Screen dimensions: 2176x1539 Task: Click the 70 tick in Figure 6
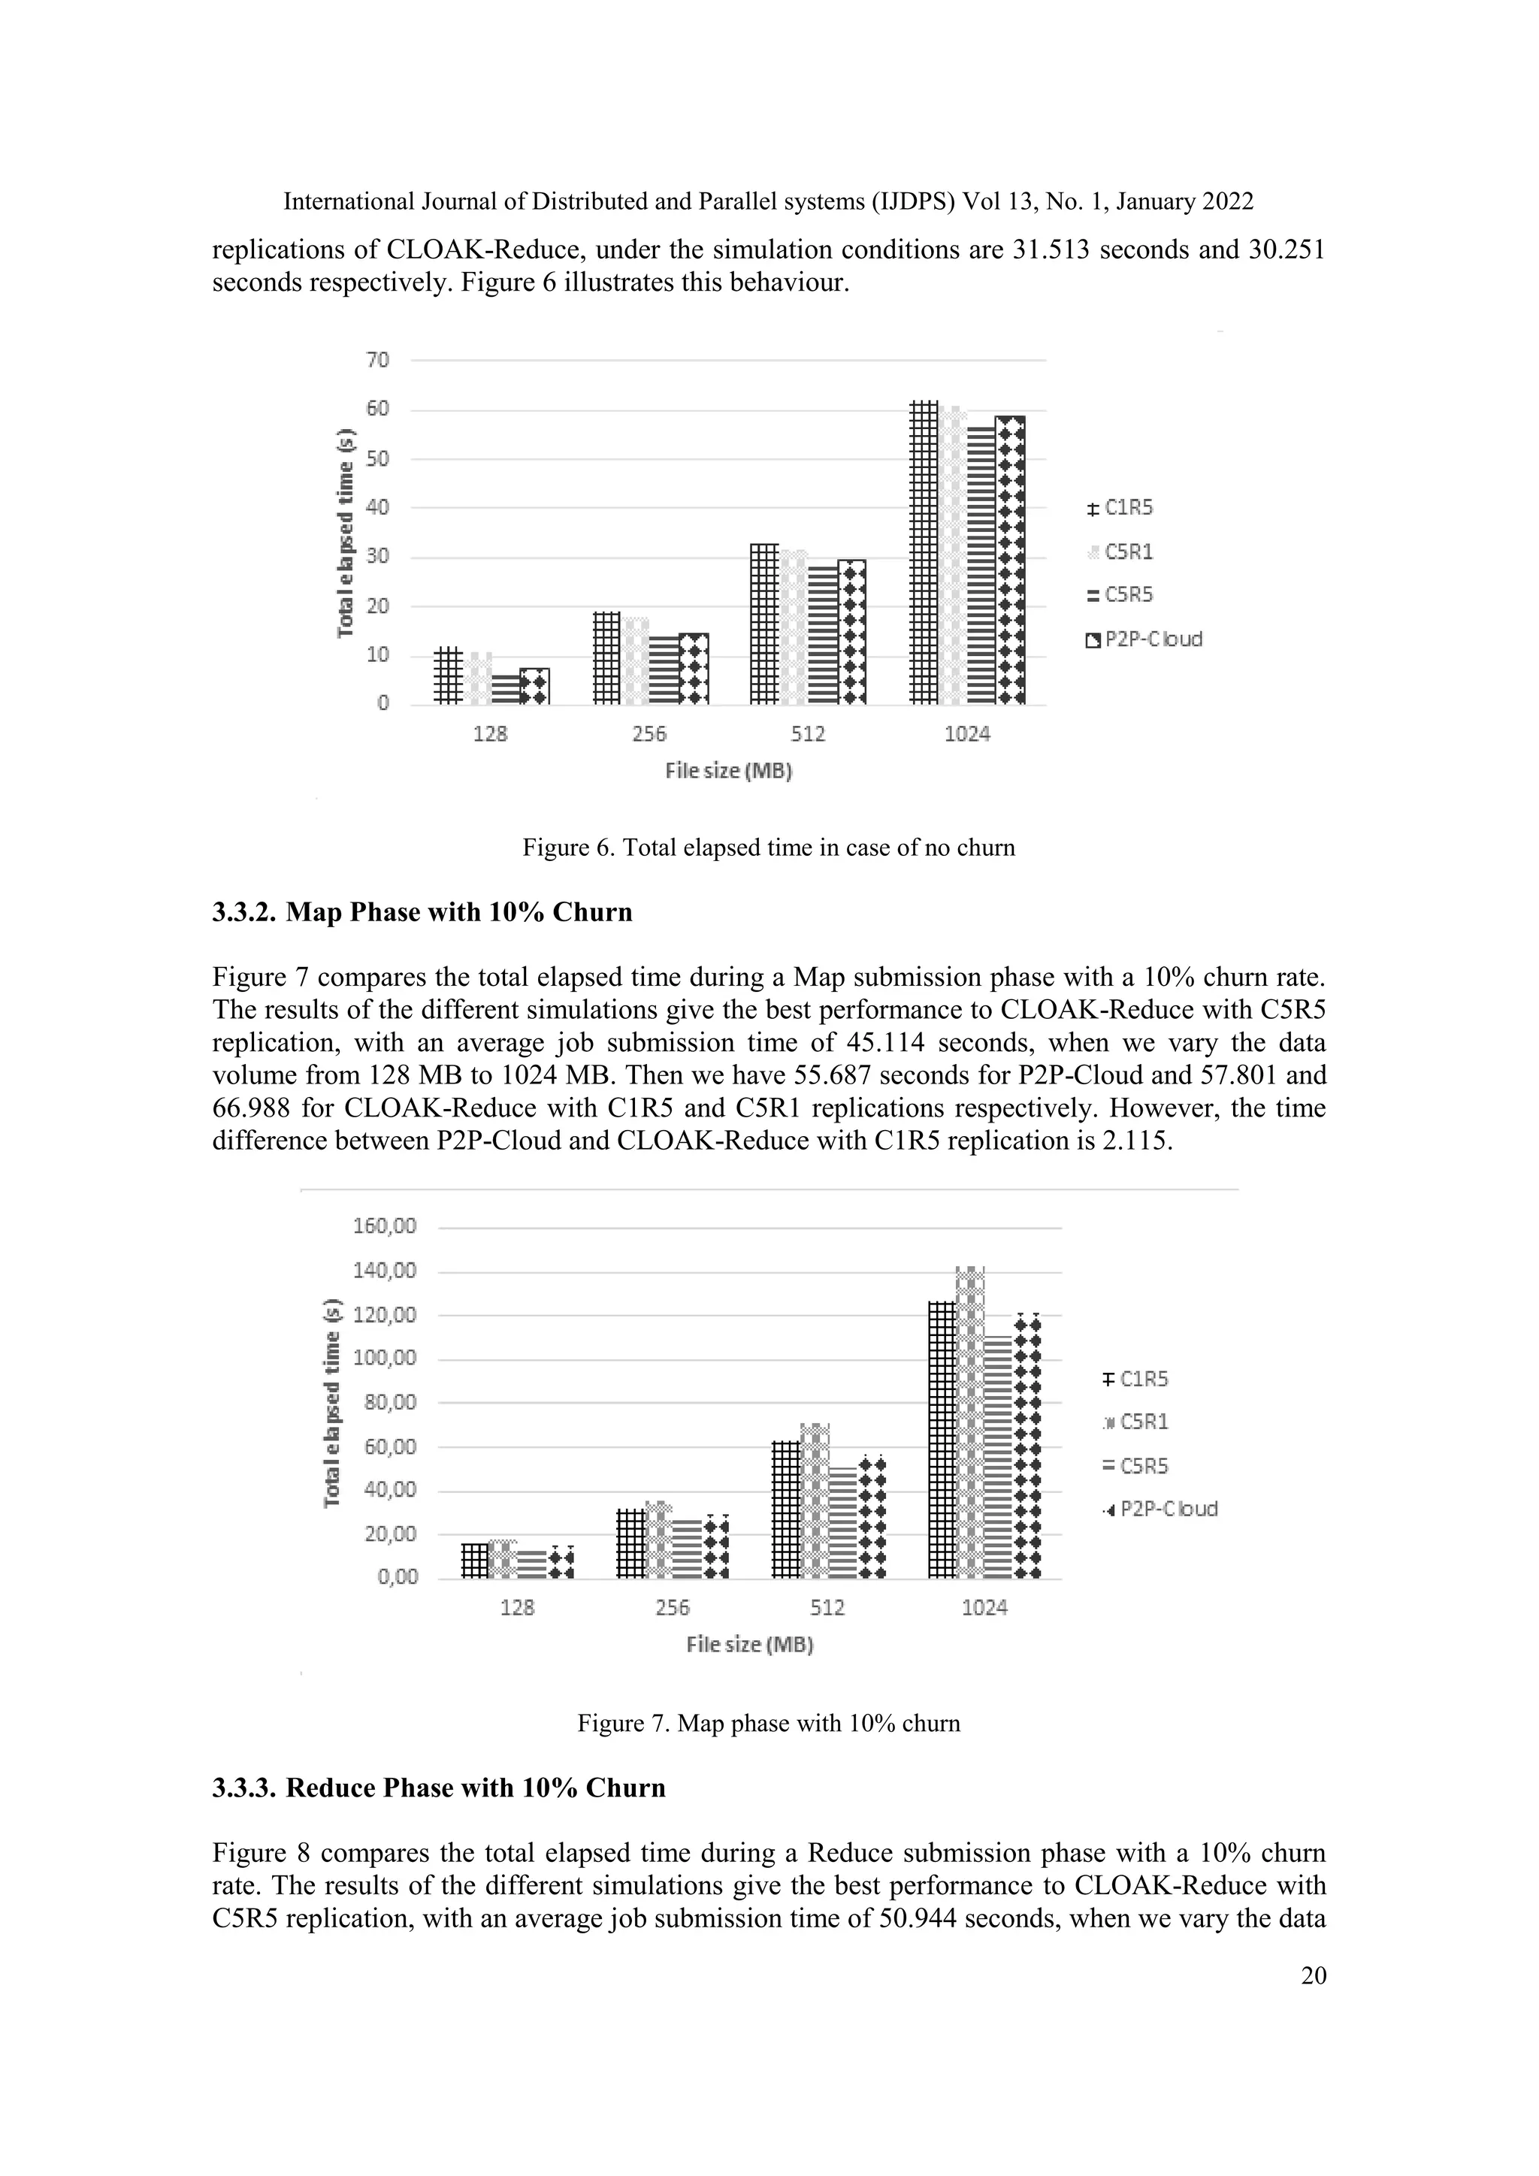point(376,360)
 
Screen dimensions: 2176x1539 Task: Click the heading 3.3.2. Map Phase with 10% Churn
point(422,913)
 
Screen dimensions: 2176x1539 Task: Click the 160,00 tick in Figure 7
point(384,1226)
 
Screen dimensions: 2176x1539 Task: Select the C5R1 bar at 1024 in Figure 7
point(970,1422)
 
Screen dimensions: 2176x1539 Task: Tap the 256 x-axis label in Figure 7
point(672,1607)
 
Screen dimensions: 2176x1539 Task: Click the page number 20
point(1314,1975)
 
